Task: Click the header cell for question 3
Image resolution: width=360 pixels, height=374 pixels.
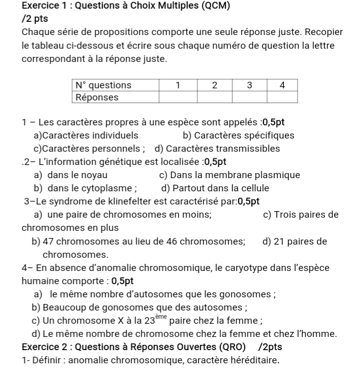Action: point(250,85)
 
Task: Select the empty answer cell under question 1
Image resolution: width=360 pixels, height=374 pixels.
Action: point(178,97)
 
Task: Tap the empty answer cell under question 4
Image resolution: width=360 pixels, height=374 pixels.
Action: point(282,97)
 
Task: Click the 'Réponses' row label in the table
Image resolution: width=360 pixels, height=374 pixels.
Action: point(97,97)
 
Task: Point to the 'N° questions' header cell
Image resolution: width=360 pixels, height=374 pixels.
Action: point(103,85)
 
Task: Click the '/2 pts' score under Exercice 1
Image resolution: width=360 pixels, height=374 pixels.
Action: point(36,19)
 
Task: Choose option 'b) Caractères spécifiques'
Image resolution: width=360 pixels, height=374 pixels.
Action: point(238,135)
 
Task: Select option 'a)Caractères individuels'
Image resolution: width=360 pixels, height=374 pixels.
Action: point(85,135)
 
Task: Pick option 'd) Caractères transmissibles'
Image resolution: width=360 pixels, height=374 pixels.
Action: point(217,149)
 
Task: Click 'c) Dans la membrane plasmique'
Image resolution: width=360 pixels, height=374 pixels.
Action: point(230,175)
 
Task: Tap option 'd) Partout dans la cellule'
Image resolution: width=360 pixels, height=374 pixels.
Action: point(214,188)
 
